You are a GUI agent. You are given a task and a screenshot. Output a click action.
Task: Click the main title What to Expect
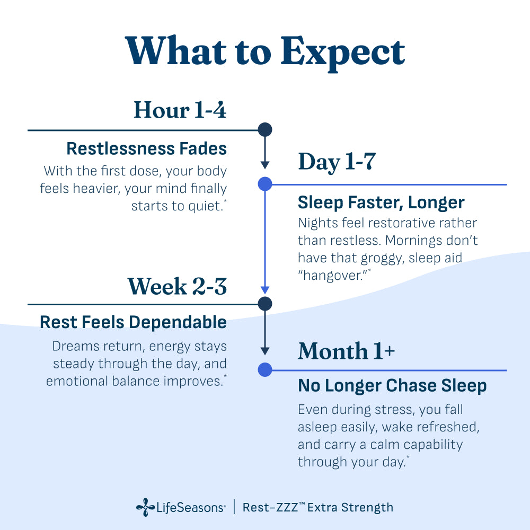click(265, 51)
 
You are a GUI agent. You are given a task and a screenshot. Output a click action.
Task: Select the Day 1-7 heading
click(337, 161)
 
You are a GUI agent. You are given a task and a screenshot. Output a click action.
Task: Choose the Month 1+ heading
click(346, 351)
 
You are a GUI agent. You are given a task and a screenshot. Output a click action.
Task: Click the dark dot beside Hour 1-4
click(264, 130)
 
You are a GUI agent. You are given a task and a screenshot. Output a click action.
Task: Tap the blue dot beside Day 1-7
click(264, 184)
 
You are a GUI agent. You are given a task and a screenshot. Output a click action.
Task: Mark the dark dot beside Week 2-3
click(264, 304)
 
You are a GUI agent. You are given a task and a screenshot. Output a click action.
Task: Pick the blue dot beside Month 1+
click(264, 369)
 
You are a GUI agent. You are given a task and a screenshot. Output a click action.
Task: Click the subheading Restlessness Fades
click(146, 149)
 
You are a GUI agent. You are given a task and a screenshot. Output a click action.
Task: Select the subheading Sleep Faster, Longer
click(381, 202)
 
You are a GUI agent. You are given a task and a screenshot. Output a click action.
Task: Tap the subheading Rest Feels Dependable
click(133, 322)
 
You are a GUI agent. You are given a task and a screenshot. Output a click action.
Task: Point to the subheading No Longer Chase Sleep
click(392, 386)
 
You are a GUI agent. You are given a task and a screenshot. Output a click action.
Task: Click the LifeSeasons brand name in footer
click(190, 508)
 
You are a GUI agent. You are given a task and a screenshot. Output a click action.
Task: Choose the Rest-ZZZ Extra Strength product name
click(318, 507)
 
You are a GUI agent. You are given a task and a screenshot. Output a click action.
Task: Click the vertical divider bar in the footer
click(234, 507)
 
